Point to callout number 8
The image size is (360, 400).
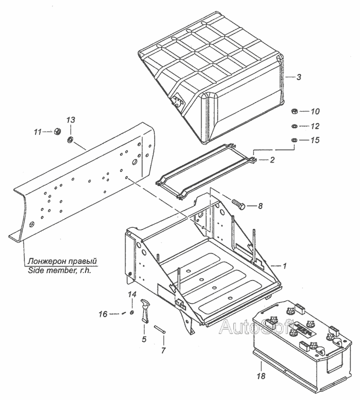[x=260, y=205]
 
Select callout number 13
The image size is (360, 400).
[x=70, y=120]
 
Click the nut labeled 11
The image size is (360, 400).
[x=57, y=132]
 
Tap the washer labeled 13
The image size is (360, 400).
[x=69, y=138]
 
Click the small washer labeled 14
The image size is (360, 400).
[x=131, y=312]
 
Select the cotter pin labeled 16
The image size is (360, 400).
[x=122, y=313]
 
